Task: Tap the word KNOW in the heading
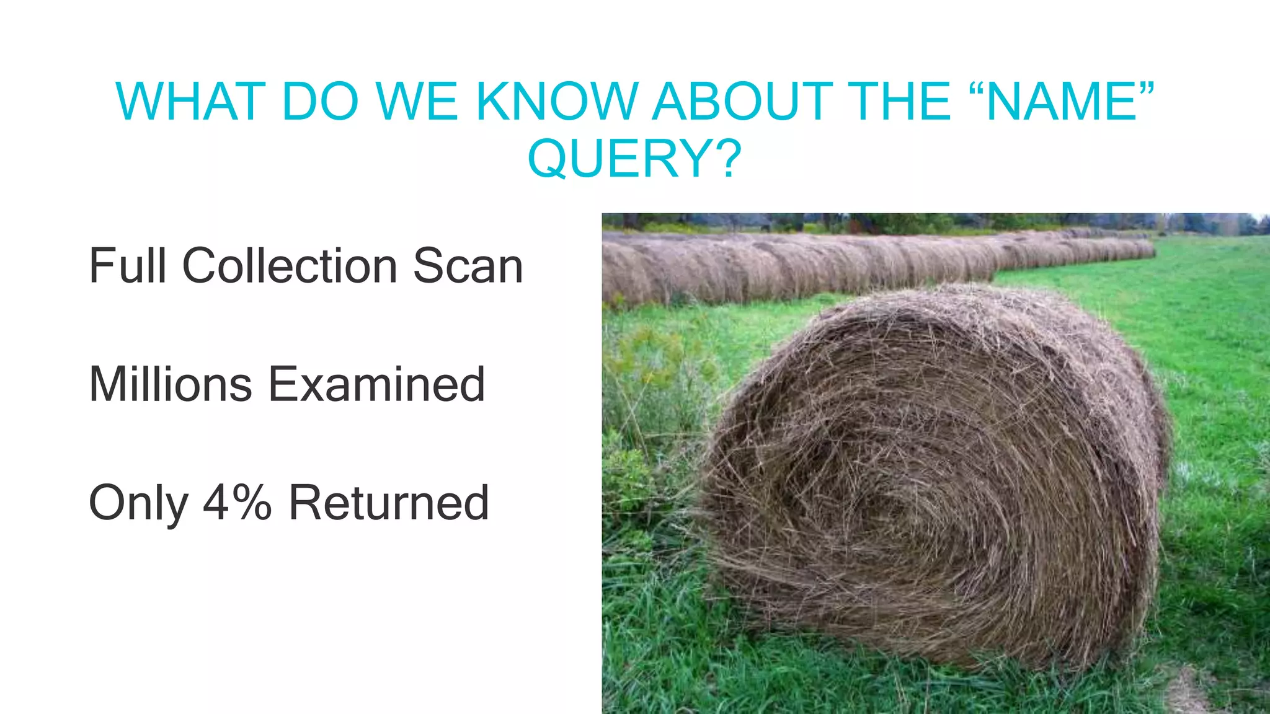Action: click(556, 101)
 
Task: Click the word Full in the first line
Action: click(128, 266)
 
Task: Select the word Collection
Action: click(290, 266)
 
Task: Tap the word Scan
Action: click(468, 266)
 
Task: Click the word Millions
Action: click(171, 384)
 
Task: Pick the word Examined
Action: click(376, 384)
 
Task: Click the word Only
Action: click(138, 503)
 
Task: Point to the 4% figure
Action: click(238, 503)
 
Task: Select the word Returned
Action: click(389, 503)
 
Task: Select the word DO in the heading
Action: click(320, 101)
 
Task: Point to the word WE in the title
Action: click(417, 101)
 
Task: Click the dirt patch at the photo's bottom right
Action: click(1188, 691)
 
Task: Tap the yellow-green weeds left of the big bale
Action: click(651, 366)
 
